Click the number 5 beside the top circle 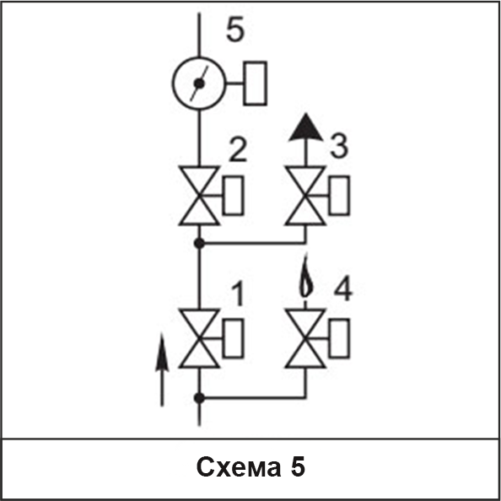235,30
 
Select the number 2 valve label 238,149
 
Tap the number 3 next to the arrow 339,146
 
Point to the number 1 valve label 238,294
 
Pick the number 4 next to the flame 343,288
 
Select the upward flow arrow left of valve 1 162,369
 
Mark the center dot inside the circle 199,83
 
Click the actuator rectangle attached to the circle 255,83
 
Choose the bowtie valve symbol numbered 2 199,196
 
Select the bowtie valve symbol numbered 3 305,196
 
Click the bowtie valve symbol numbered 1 199,338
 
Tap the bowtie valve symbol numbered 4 305,338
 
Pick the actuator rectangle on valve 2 234,195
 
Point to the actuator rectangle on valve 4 339,338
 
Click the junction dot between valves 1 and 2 199,244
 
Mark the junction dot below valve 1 199,398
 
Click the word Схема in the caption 239,467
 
